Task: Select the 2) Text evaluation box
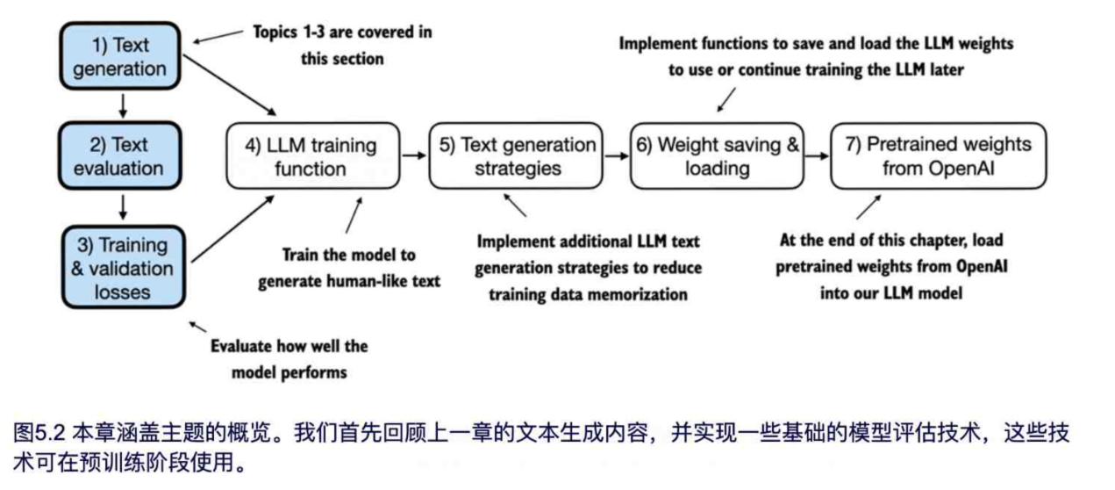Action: tap(120, 155)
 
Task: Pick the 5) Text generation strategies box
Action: tap(517, 155)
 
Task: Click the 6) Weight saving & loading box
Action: tap(717, 155)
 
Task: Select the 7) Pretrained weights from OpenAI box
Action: tap(938, 155)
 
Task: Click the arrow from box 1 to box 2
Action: tap(123, 104)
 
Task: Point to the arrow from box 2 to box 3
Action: tap(123, 206)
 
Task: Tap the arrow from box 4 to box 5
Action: tap(413, 155)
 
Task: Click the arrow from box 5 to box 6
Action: tap(617, 155)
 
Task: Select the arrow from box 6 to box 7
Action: tap(817, 155)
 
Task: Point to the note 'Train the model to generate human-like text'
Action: tap(347, 269)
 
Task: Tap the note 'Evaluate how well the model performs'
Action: tap(289, 358)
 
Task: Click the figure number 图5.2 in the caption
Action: tap(34, 433)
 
